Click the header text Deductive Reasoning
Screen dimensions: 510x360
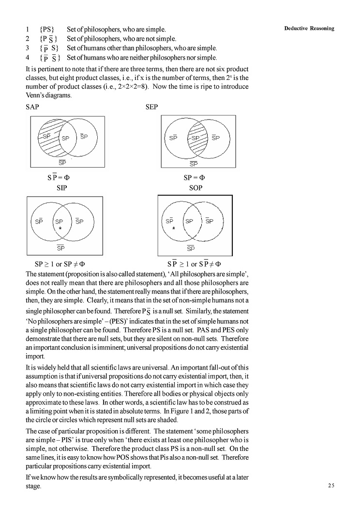pyautogui.click(x=309, y=29)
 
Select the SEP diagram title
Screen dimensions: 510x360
pyautogui.click(x=151, y=107)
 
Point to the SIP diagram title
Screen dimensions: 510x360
pyautogui.click(x=62, y=187)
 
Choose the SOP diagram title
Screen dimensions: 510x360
pyautogui.click(x=195, y=187)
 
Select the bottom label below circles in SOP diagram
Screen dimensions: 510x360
pyautogui.click(x=191, y=248)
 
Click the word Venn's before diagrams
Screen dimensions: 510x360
pyautogui.click(x=35, y=95)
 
